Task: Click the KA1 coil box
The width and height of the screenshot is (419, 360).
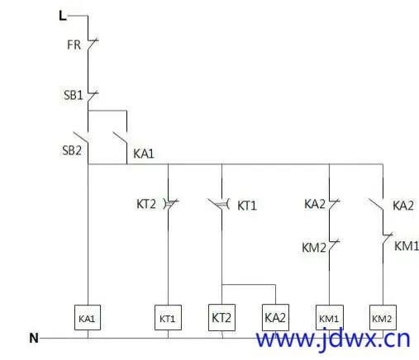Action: coord(88,317)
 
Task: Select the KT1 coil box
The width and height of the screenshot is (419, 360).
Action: coord(168,317)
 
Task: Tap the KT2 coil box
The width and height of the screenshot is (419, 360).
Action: coord(221,317)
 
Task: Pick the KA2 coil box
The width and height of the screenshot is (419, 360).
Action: coord(275,317)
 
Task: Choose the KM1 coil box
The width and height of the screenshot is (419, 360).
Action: coord(330,317)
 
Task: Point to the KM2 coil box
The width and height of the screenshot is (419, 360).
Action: coord(383,317)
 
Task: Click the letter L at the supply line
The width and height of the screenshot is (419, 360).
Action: coord(63,16)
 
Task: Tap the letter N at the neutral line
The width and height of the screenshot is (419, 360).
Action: coord(34,338)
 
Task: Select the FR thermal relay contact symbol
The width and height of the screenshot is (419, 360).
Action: coord(92,45)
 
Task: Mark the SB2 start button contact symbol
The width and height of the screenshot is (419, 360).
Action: coord(82,138)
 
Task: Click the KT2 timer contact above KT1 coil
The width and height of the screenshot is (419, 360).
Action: coord(170,204)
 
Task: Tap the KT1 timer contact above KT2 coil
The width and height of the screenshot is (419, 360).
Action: coord(219,204)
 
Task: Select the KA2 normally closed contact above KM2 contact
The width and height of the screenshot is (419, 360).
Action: coord(333,204)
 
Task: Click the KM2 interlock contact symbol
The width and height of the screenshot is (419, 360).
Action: coord(333,245)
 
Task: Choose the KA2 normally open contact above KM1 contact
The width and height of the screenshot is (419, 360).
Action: coord(376,204)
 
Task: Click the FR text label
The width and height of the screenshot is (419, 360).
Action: coord(74,45)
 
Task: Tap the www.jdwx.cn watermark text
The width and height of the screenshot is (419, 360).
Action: coord(333,339)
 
